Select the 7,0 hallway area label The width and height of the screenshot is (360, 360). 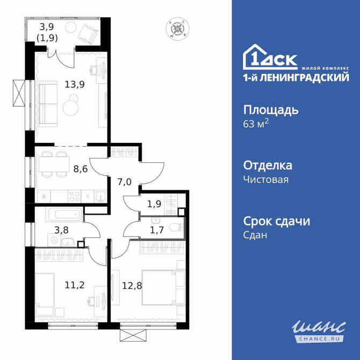pos(124,182)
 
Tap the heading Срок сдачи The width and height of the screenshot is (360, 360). pos(277,221)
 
